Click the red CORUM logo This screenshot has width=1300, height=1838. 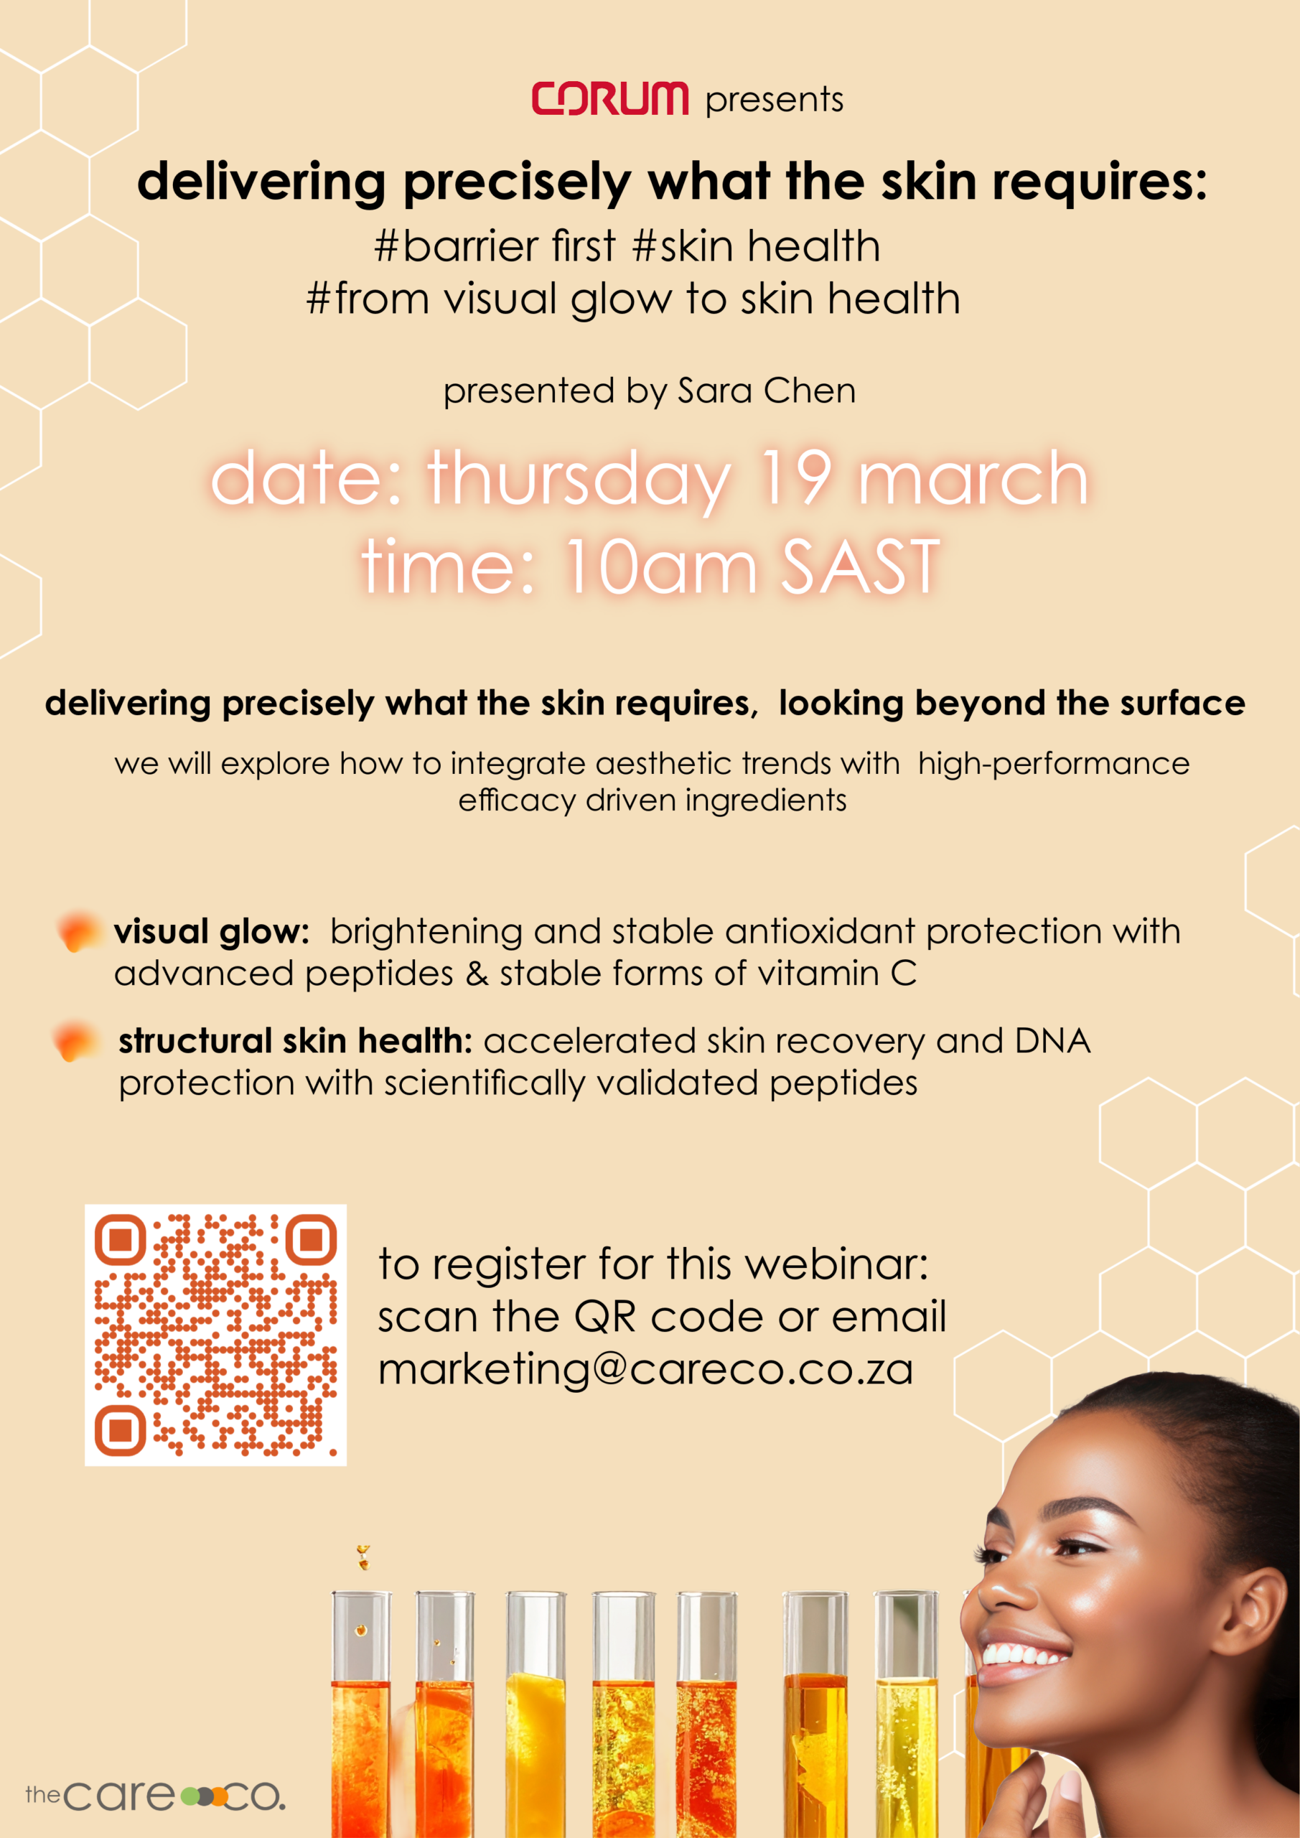(610, 98)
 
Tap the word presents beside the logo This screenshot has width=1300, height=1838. (774, 101)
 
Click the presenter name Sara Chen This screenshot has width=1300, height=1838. (767, 391)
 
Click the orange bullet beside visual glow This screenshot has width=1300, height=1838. (78, 933)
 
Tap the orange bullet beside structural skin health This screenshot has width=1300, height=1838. (75, 1042)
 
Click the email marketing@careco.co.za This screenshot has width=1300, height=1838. (646, 1369)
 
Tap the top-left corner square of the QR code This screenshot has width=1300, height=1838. (120, 1239)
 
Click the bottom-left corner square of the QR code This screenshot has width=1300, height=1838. (120, 1429)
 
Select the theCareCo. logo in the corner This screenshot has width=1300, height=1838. (155, 1796)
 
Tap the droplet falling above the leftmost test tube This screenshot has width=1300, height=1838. (363, 1557)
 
